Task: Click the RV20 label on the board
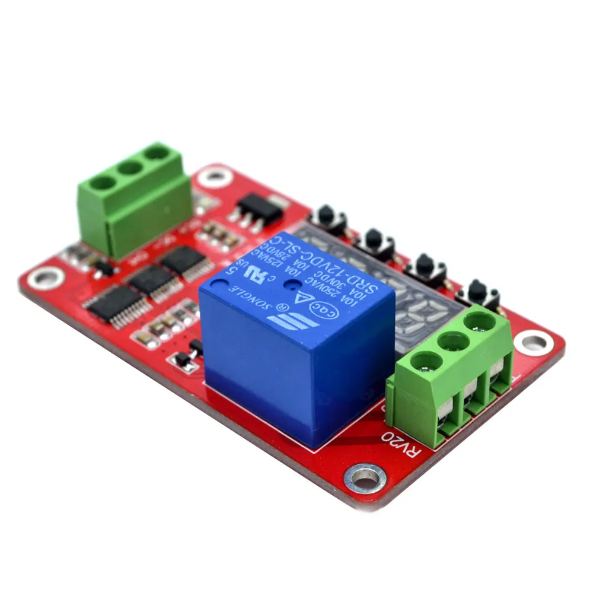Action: [396, 445]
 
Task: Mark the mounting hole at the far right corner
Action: [532, 342]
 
